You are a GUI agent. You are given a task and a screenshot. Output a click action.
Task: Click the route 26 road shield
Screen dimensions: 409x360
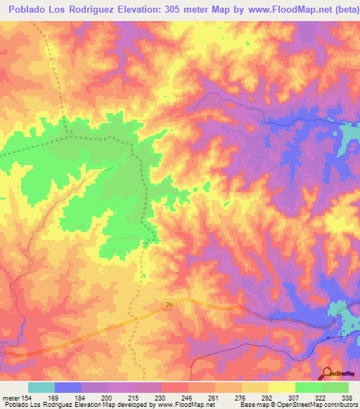(x=170, y=304)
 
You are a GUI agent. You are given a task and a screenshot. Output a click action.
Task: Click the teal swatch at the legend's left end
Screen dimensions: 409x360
(x=41, y=387)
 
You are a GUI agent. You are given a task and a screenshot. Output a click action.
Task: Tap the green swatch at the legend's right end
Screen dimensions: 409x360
(x=335, y=387)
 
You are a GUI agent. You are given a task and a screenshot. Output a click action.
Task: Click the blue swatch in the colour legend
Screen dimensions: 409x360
(x=68, y=387)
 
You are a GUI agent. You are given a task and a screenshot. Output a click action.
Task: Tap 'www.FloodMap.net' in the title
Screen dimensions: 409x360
(x=281, y=8)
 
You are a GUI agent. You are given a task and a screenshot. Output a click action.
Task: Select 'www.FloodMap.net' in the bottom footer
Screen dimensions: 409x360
(x=186, y=405)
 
